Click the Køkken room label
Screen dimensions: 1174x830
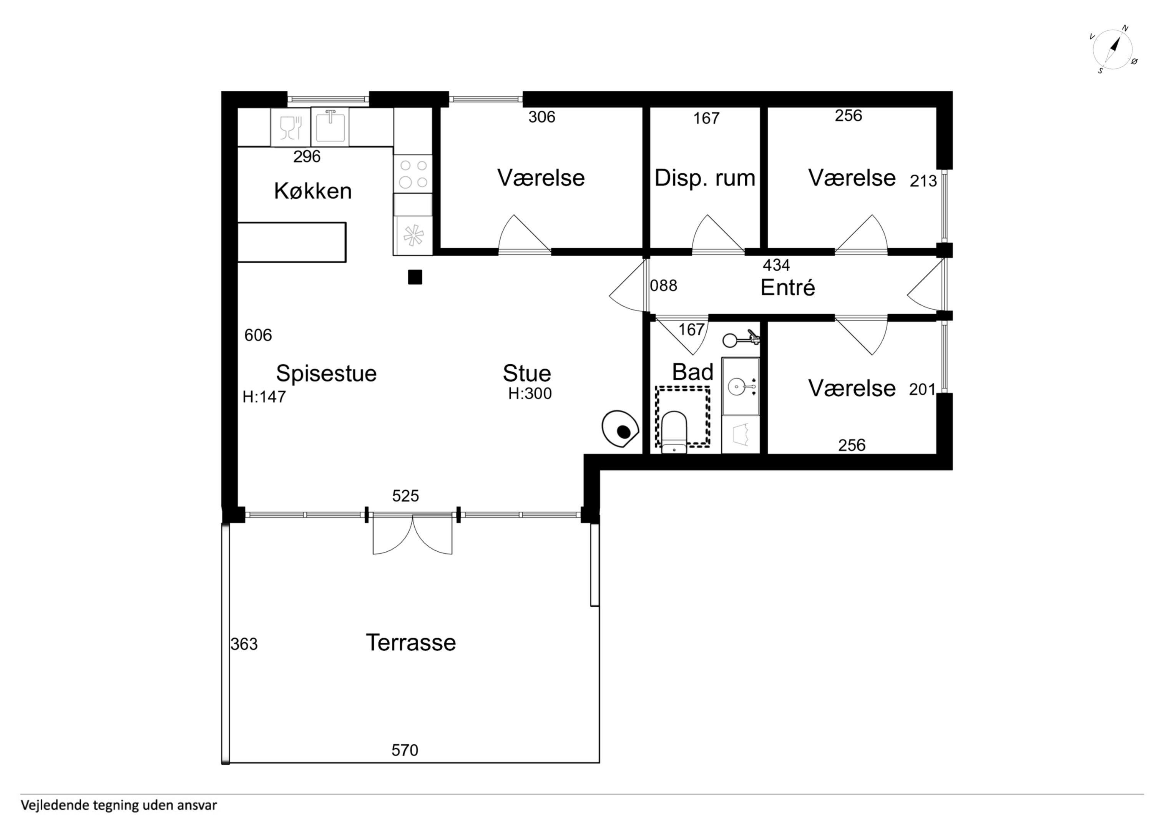[313, 191]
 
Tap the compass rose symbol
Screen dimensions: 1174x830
[1114, 50]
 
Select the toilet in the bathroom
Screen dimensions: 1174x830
[674, 432]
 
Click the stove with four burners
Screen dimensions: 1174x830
[413, 174]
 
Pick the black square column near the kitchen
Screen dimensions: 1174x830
[415, 277]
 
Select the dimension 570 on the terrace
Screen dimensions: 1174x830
[405, 750]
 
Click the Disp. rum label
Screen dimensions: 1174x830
[705, 178]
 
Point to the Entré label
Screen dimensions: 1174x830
[787, 287]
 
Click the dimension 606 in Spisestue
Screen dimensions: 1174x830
[258, 335]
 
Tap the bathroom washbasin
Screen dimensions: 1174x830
[740, 386]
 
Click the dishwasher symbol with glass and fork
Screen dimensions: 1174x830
[291, 127]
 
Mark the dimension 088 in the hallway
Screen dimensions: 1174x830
[664, 286]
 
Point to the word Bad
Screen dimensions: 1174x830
[693, 372]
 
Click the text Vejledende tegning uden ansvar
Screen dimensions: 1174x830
[119, 805]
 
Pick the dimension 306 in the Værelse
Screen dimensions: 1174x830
[542, 117]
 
